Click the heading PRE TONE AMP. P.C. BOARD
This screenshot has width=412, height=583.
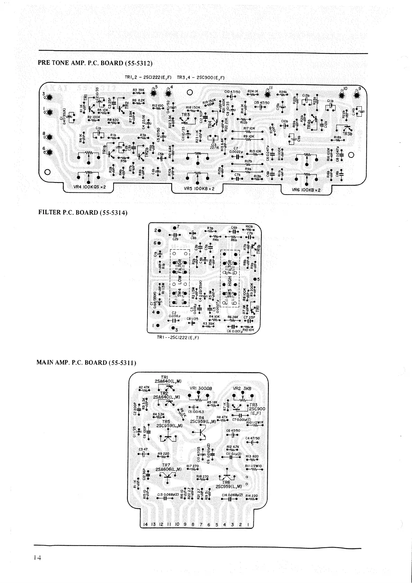point(95,63)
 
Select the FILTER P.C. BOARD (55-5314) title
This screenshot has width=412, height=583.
point(83,212)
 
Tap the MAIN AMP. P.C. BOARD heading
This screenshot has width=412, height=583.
point(86,362)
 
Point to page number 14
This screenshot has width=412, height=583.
point(37,558)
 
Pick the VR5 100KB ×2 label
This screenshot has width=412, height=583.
point(199,189)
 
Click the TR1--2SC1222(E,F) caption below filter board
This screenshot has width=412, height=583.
point(177,338)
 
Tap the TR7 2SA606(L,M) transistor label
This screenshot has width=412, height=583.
point(167,467)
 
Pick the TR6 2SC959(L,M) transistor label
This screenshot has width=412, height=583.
point(228,484)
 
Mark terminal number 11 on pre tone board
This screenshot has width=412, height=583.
point(271,88)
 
